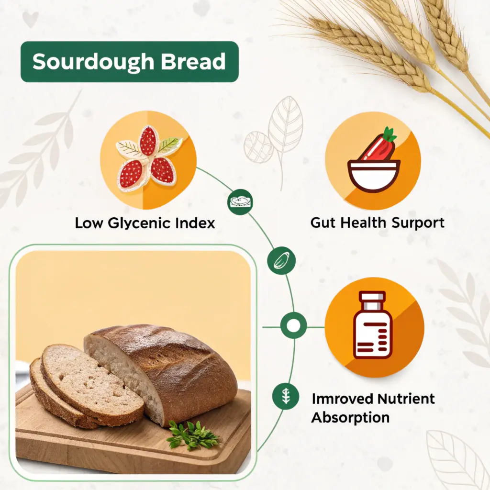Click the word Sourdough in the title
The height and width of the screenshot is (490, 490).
(x=93, y=62)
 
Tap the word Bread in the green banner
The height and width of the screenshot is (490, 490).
(x=193, y=61)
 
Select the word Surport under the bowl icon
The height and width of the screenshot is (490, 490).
(x=418, y=223)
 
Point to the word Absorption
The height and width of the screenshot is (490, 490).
(x=350, y=417)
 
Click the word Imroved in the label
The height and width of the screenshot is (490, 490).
(x=343, y=399)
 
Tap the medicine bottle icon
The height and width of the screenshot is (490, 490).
(x=372, y=325)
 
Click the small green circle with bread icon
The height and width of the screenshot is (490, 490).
(x=240, y=202)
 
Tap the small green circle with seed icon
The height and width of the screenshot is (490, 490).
(x=281, y=261)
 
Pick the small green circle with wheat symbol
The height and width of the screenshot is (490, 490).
(x=286, y=396)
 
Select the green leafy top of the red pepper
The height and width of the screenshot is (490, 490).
(x=390, y=134)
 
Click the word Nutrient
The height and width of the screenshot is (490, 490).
(x=406, y=399)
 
